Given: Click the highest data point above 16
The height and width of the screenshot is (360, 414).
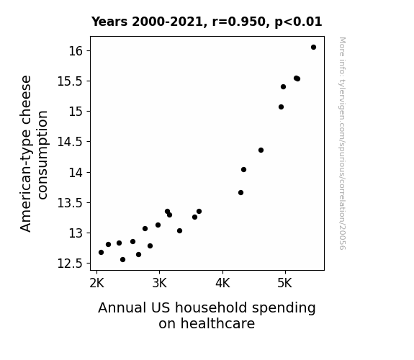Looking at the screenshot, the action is point(313,48).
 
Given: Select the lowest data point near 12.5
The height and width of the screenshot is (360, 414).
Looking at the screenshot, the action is point(123,260).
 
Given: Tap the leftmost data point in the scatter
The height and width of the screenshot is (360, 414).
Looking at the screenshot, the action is point(101,253).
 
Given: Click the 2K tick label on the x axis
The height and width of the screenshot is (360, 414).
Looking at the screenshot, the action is point(97,284).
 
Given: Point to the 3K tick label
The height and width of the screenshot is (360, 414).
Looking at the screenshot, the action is point(159,284).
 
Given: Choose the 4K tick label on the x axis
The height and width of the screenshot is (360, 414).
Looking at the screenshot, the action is point(222,284).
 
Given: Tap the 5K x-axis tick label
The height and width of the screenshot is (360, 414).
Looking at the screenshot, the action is point(285,284).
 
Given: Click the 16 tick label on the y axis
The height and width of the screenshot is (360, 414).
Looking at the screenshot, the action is point(76,51).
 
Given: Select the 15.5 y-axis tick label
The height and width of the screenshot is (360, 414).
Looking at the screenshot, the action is point(71,81).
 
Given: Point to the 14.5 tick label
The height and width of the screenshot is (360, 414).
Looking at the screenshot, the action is point(71,142).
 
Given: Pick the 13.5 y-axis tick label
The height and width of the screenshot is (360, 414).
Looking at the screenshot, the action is point(71,203).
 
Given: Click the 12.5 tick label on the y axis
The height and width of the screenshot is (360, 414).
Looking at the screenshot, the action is point(71,264).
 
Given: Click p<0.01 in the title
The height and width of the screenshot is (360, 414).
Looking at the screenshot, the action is point(298,22).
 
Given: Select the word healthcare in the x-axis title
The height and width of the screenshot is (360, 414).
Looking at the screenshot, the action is point(207,323).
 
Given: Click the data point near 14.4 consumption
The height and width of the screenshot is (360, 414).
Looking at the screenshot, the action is point(261,150).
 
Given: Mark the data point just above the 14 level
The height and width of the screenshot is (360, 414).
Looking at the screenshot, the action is point(243,170).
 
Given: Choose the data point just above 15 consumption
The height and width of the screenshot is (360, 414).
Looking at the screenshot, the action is point(282,107).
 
